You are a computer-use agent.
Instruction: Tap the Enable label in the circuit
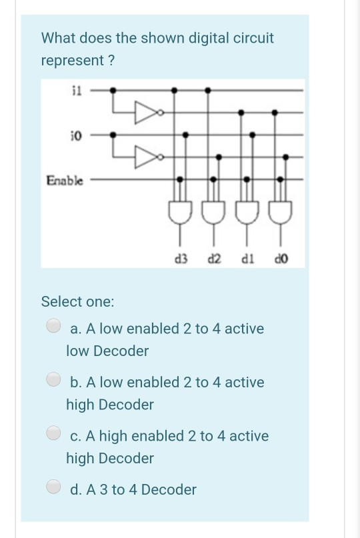[65, 179]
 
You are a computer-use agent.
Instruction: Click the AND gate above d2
[213, 212]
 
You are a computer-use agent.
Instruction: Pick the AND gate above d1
[247, 212]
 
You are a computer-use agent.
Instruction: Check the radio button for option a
[53, 327]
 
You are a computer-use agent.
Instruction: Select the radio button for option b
[53, 381]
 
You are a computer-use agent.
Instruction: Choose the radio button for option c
[53, 434]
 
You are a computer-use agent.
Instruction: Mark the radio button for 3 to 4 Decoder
[53, 488]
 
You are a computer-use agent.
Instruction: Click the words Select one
[77, 301]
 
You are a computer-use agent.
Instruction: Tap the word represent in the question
[73, 61]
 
